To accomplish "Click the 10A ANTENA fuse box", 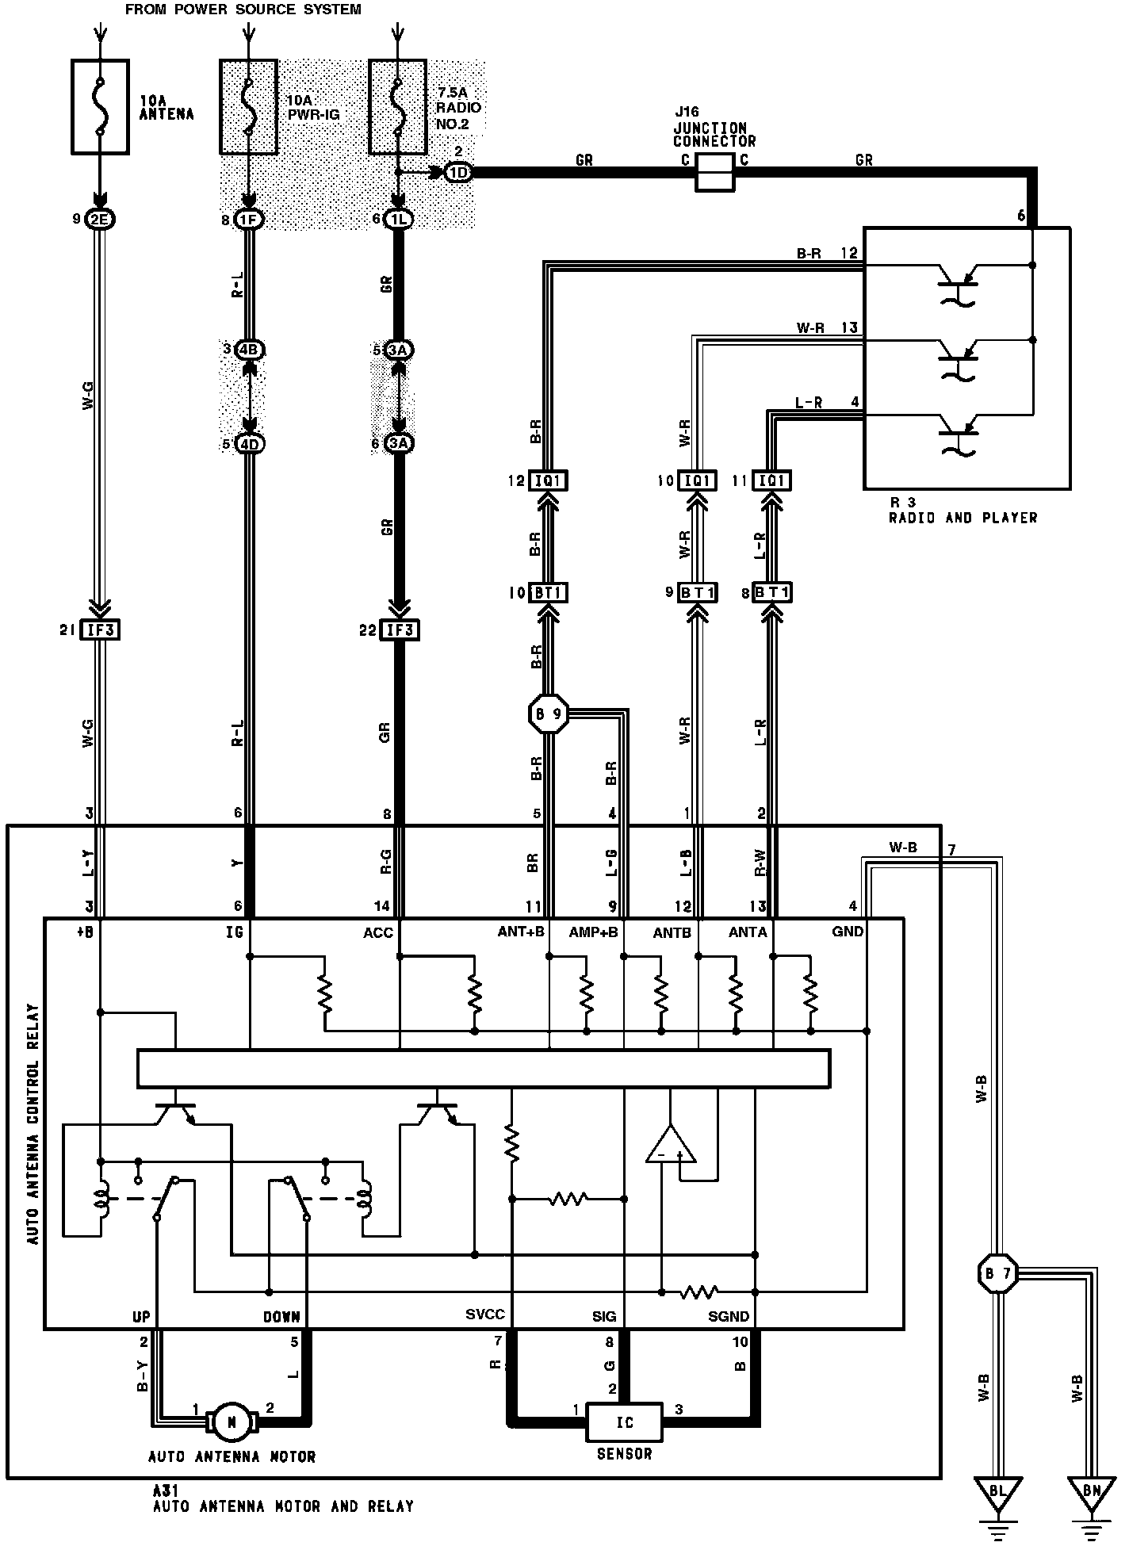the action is [100, 105].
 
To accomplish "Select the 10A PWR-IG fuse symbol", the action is [249, 105].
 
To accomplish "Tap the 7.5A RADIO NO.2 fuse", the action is [397, 105].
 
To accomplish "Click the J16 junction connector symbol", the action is [715, 172].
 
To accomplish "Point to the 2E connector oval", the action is [100, 220].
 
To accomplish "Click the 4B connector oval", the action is [249, 350].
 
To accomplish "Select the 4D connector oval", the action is [249, 444].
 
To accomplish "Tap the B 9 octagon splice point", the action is [548, 714].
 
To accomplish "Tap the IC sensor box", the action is [625, 1422].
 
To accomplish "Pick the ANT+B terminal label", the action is [521, 932].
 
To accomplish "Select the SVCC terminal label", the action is [485, 1315].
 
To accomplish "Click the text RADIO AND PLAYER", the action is [963, 518].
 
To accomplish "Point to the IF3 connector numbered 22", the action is [400, 630].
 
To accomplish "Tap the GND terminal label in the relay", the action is [848, 932].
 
